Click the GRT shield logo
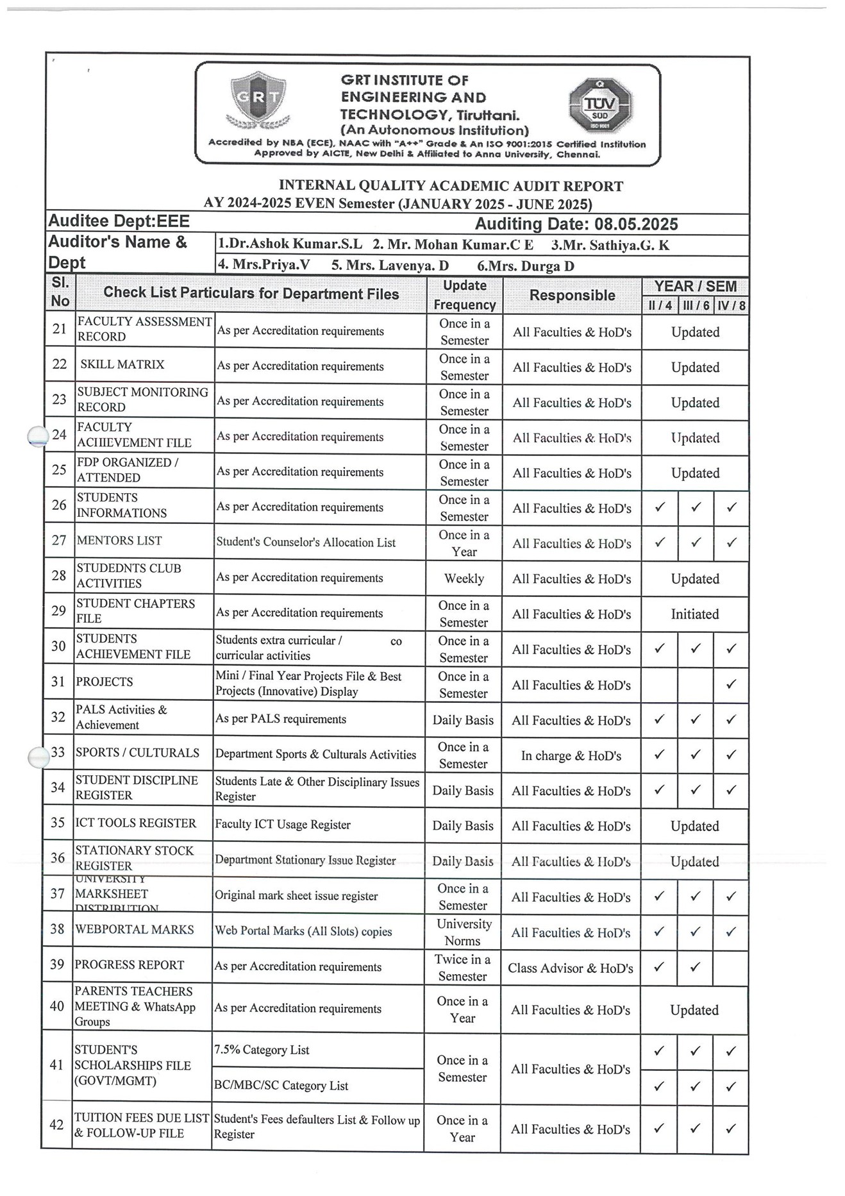(258, 99)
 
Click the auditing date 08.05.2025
(636, 224)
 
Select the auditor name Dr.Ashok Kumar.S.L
(290, 244)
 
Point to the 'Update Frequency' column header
(465, 295)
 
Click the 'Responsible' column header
(572, 295)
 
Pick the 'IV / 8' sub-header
(732, 305)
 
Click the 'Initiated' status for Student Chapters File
(694, 614)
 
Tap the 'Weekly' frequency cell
(464, 578)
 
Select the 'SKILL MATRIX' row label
(122, 364)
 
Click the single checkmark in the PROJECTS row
(731, 684)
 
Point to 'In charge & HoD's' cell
(571, 755)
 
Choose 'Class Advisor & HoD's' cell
(571, 968)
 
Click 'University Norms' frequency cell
(464, 932)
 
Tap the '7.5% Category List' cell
(262, 1050)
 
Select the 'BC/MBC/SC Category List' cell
(281, 1086)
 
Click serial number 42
(56, 1124)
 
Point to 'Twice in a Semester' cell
(463, 967)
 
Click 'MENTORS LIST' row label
(119, 541)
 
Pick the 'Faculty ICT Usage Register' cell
(283, 825)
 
